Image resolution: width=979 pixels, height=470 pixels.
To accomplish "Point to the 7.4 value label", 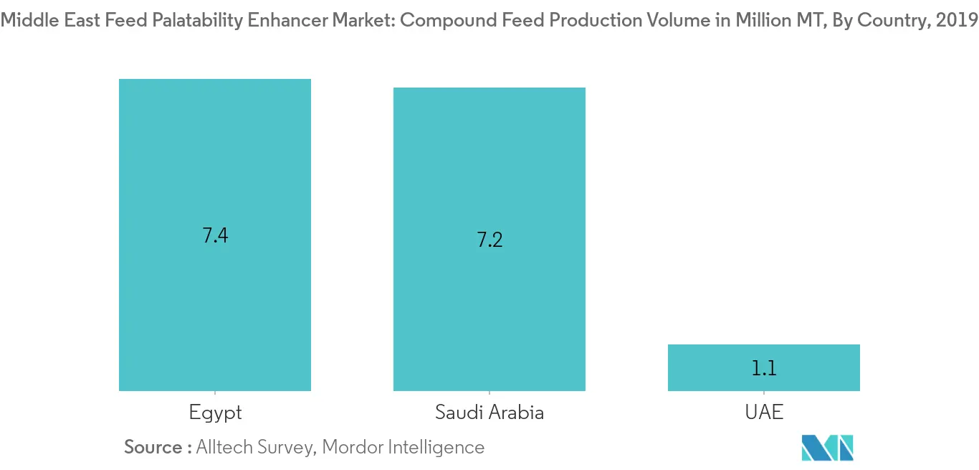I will pos(215,235).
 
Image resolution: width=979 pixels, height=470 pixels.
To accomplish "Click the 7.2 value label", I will pos(489,240).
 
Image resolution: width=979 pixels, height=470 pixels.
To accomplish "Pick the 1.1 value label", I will pos(764,369).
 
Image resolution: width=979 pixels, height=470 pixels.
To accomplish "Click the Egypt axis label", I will pos(215,413).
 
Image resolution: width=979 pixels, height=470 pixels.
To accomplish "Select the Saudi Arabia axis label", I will pos(489,413).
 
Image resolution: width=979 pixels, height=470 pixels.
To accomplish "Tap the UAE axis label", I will pos(763,413).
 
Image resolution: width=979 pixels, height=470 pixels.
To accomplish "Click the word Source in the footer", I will pos(153,447).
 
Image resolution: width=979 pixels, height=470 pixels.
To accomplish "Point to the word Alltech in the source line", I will pos(224,447).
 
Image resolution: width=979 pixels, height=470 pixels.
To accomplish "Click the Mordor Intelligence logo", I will pos(828,447).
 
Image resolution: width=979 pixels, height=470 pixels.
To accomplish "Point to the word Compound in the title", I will pos(441,21).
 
